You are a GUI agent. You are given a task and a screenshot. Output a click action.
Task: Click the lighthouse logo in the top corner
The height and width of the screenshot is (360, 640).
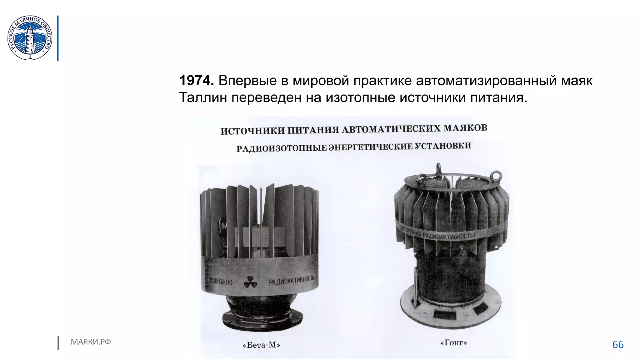tap(30, 38)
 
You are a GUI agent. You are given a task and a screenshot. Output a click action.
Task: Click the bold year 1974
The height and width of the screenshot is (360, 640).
tap(196, 81)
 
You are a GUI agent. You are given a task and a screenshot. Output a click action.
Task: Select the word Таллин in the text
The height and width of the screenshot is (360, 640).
tap(203, 97)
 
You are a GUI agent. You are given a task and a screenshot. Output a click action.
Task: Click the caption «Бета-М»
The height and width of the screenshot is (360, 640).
tap(261, 345)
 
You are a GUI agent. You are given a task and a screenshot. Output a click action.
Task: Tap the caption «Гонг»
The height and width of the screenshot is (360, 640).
tap(453, 343)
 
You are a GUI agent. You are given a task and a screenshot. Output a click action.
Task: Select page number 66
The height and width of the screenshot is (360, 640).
tap(618, 344)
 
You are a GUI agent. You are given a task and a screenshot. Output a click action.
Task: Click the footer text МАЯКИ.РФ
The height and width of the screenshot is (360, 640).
tap(91, 342)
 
